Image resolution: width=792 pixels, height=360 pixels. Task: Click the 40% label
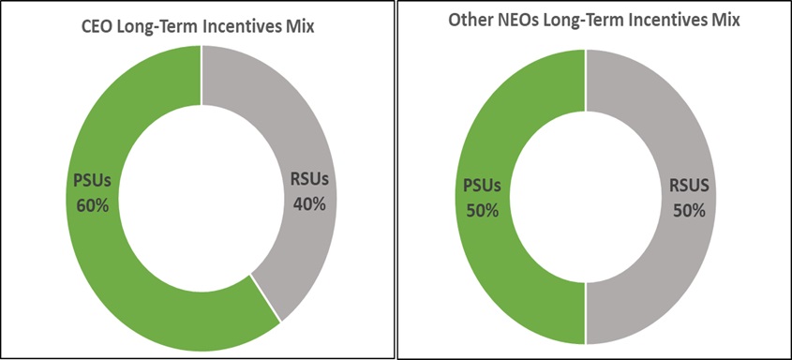pyautogui.click(x=306, y=203)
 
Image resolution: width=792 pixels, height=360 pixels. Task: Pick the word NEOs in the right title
pyautogui.click(x=531, y=19)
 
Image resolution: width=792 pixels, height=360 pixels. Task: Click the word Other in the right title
pyautogui.click(x=480, y=19)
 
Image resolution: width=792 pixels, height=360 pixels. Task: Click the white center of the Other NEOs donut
pyautogui.click(x=586, y=197)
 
